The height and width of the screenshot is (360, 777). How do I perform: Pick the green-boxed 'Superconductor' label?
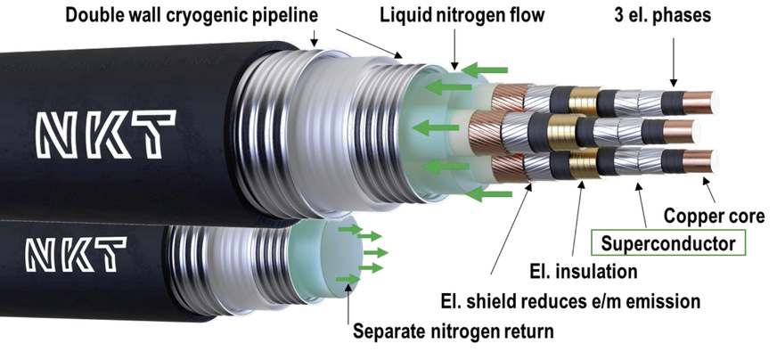pyautogui.click(x=667, y=242)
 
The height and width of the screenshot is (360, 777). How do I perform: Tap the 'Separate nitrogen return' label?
pyautogui.click(x=454, y=333)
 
